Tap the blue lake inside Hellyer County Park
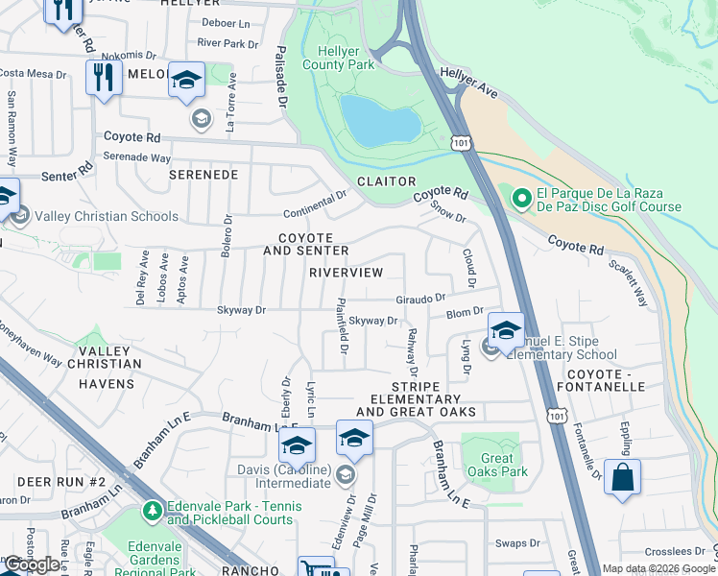(380, 119)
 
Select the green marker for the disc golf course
(521, 199)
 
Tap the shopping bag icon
(622, 477)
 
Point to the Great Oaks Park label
(490, 465)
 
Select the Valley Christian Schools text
(108, 217)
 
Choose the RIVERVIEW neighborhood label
(346, 273)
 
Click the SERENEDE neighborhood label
(203, 176)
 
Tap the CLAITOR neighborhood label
(387, 181)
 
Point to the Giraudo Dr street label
(420, 299)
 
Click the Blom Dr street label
(465, 313)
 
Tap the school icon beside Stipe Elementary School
(505, 330)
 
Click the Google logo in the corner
(33, 565)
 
